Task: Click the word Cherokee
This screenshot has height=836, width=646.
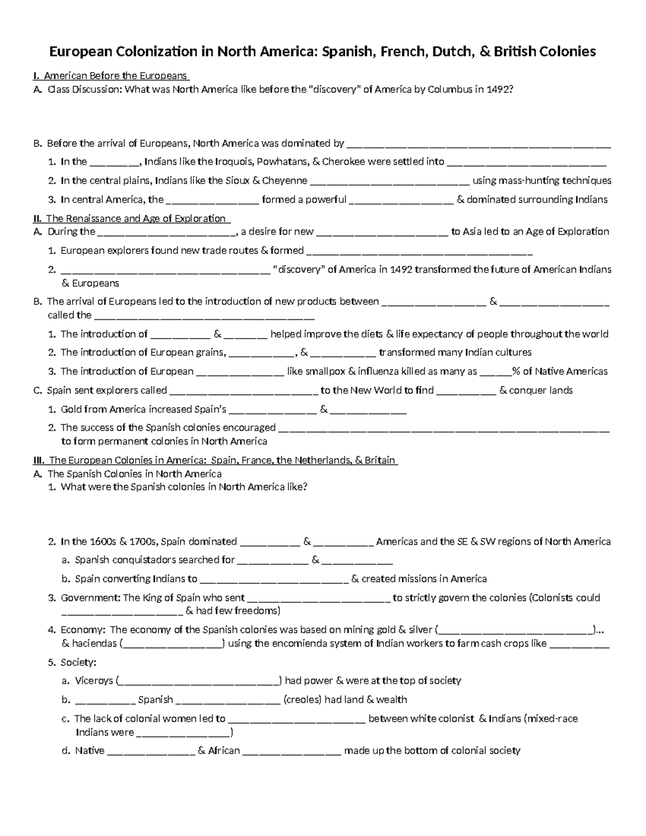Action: pyautogui.click(x=342, y=161)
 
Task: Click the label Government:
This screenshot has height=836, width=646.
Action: pyautogui.click(x=90, y=598)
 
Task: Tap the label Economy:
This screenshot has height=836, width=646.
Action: pyautogui.click(x=83, y=630)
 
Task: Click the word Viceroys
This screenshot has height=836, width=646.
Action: pyautogui.click(x=94, y=681)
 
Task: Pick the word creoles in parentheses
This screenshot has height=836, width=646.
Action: pyautogui.click(x=302, y=700)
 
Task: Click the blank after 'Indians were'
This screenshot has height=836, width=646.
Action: pyautogui.click(x=184, y=733)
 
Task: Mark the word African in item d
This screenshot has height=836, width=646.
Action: pyautogui.click(x=224, y=751)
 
